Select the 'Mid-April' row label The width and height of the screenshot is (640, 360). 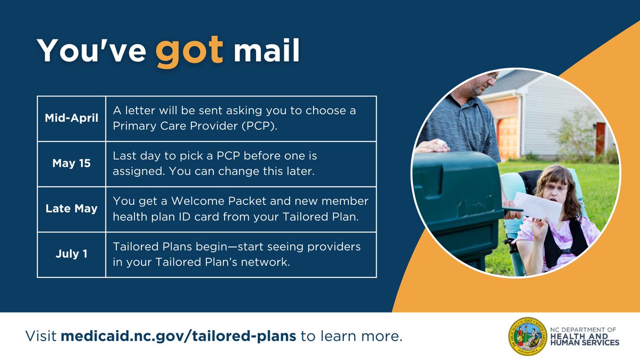pos(71,118)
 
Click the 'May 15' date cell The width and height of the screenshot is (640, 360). pos(71,164)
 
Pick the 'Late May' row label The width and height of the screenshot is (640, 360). pos(71,209)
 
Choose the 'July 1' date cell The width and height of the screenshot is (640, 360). pos(71,254)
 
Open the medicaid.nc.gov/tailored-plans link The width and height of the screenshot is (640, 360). pos(178,337)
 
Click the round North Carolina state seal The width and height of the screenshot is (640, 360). pos(526,337)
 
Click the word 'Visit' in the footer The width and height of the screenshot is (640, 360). pos(41,337)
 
